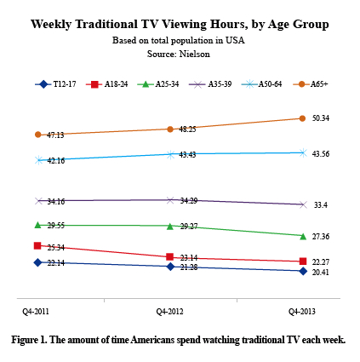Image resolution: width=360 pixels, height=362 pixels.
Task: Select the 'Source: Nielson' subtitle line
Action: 178,53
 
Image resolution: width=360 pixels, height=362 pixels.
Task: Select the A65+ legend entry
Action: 311,84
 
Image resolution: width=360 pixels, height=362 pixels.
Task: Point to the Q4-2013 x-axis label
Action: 301,313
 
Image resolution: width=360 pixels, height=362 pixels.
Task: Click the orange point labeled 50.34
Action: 304,118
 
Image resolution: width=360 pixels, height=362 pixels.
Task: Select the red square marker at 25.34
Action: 37,245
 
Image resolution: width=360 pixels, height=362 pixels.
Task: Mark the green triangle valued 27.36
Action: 304,235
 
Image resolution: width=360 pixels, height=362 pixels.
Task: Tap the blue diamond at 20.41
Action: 304,271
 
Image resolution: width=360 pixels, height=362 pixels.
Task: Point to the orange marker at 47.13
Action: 37,135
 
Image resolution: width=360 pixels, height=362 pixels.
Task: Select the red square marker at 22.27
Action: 304,261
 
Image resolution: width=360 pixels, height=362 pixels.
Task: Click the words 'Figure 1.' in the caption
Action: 30,340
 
